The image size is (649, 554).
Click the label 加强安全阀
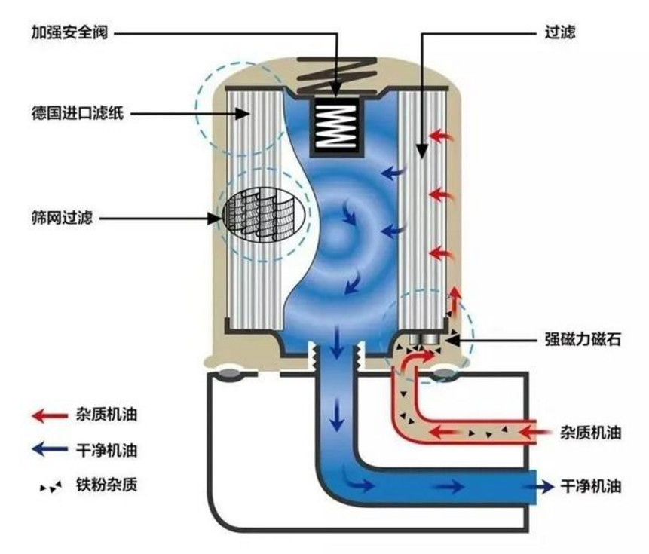click(69, 32)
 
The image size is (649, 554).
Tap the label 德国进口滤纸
click(78, 113)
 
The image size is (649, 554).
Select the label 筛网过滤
click(62, 218)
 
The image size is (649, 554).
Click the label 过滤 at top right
click(559, 32)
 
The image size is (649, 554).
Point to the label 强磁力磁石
click(583, 339)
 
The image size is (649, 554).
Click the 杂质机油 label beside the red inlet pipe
click(591, 433)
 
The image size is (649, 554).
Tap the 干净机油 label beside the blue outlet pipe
click(591, 486)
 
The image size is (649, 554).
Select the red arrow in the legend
click(50, 415)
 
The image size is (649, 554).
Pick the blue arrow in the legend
click(50, 449)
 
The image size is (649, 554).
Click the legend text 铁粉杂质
click(106, 485)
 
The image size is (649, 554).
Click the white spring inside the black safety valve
click(337, 126)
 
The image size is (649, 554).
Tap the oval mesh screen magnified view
click(264, 215)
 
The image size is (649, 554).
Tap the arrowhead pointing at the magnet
click(454, 341)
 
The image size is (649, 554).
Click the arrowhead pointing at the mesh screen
click(216, 218)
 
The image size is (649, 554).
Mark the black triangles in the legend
click(51, 486)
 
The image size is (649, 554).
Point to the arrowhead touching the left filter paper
click(243, 113)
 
